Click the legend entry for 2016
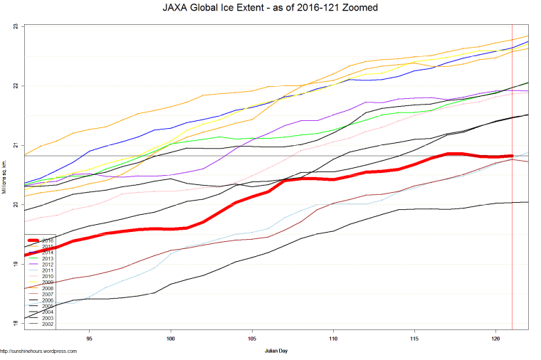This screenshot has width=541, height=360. pos(48,240)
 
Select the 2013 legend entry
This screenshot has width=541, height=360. pos(48,258)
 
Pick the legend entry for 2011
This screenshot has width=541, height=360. pos(48,270)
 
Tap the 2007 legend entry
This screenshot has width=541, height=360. pos(48,294)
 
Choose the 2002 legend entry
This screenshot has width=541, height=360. pos(48,324)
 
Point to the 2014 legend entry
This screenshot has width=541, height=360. pos(48,252)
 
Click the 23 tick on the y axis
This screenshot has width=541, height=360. pos(16,27)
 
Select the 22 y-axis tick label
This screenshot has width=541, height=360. pos(16,86)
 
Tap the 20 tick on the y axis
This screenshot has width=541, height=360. pos(16,205)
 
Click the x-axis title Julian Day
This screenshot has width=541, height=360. pos(276,351)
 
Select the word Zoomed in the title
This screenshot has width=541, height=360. pos(358,8)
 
